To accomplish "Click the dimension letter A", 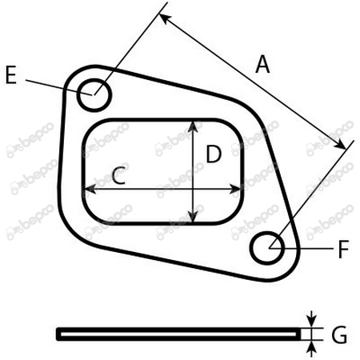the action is [x=262, y=64].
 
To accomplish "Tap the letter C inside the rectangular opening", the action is [x=119, y=175].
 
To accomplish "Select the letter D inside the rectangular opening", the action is [x=214, y=154].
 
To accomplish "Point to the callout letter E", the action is [x=11, y=75].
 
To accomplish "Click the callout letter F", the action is [x=343, y=249].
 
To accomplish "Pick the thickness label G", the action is [x=339, y=334].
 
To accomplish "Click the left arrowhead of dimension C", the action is [x=90, y=189].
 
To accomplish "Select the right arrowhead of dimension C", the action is [x=235, y=189].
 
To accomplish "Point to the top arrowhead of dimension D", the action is [x=193, y=126].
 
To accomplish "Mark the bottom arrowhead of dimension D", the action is [x=193, y=216].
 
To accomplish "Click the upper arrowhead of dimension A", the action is [x=164, y=18].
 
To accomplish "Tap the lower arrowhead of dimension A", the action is [x=340, y=144].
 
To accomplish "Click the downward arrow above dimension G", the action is [x=312, y=318].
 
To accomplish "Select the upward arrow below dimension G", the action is [x=312, y=349].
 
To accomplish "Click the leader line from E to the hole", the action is [x=59, y=87].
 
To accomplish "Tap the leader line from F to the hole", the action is [x=302, y=248].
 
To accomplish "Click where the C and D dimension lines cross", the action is [x=193, y=189].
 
